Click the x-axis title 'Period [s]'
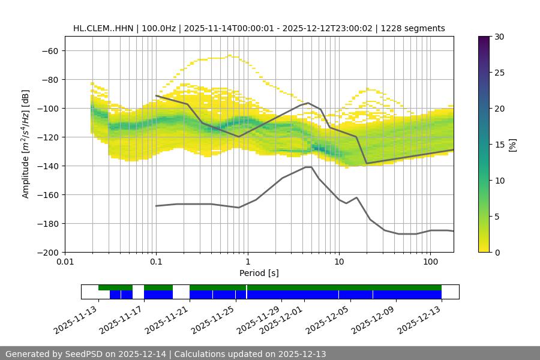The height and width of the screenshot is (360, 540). pyautogui.click(x=259, y=273)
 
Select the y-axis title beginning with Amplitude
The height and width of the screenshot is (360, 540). pyautogui.click(x=26, y=144)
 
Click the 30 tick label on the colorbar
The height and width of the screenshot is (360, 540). pyautogui.click(x=499, y=37)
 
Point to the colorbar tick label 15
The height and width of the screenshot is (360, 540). pyautogui.click(x=499, y=145)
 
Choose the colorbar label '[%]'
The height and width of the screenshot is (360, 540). pyautogui.click(x=512, y=145)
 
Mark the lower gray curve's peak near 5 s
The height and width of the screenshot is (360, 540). pyautogui.click(x=308, y=167)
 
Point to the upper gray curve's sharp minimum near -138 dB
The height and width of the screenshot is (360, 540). pyautogui.click(x=366, y=163)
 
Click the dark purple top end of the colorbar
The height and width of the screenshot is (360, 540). pyautogui.click(x=484, y=40)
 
